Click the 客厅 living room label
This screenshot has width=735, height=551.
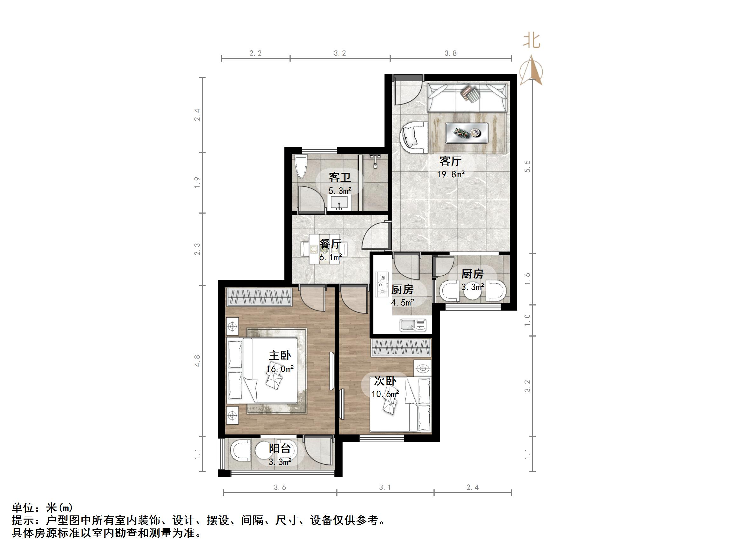450,161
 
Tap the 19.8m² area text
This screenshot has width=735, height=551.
450,174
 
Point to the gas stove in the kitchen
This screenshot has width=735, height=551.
382,284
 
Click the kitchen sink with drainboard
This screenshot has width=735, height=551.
413,325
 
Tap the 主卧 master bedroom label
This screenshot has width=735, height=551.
280,355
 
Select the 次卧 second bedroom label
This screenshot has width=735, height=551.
385,381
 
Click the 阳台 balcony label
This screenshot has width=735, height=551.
280,449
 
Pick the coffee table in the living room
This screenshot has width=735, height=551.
466,133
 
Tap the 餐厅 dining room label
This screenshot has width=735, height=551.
330,244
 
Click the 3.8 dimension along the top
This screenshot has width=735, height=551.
451,53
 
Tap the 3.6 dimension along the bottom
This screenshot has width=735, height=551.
280,487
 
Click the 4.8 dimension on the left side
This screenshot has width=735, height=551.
197,361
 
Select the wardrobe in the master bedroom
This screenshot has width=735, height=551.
259,297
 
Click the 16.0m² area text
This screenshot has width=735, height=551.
280,369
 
